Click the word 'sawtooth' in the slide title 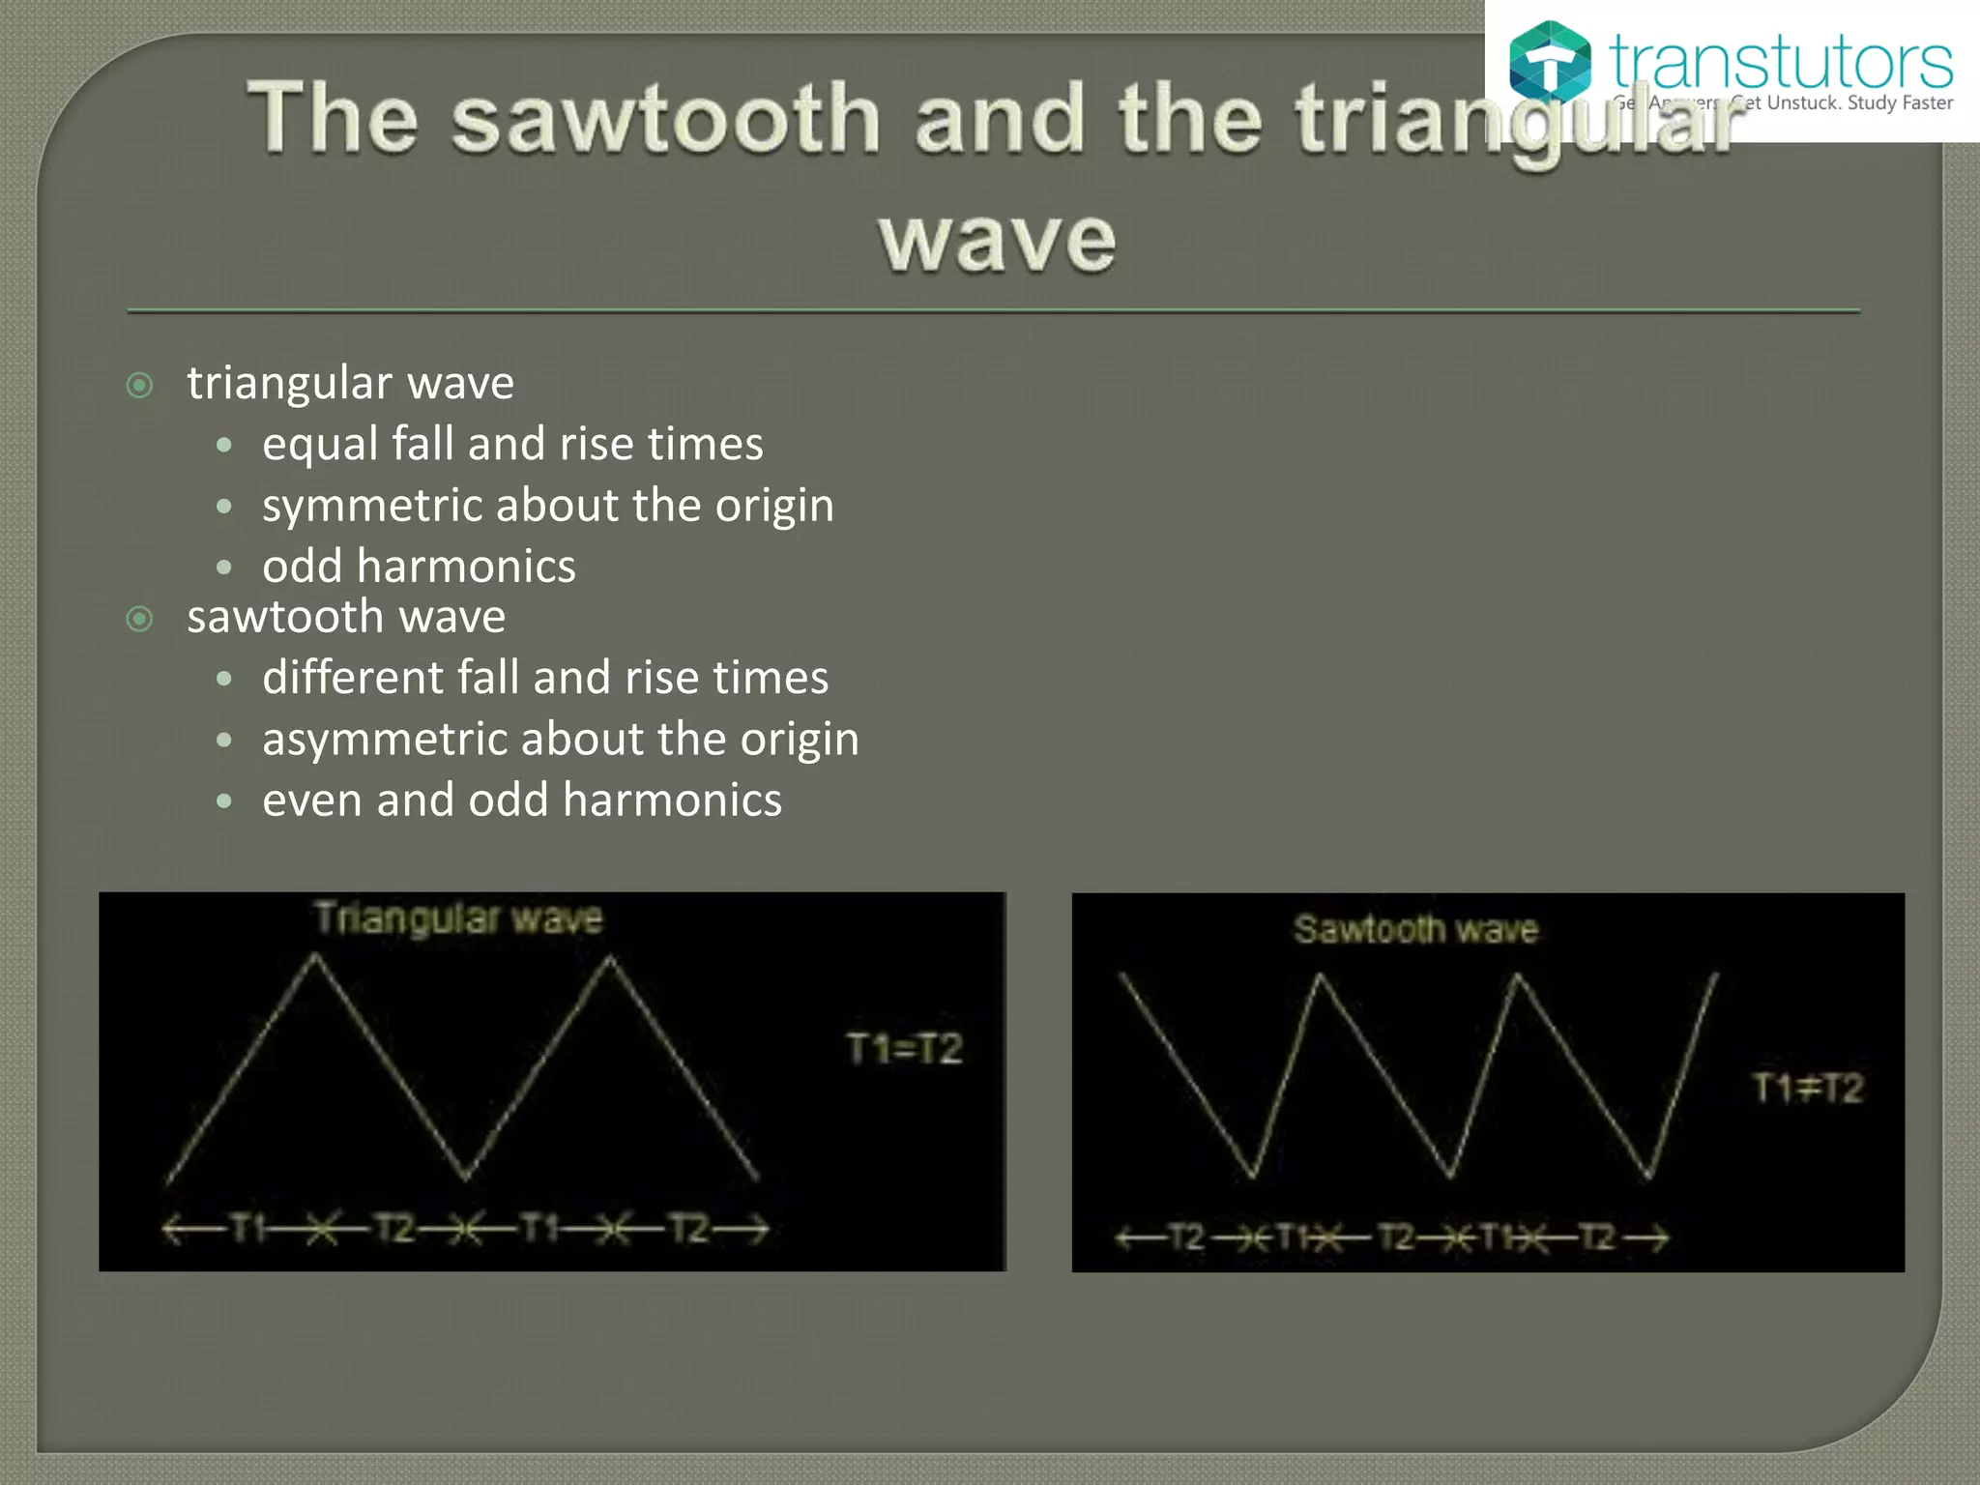tap(665, 118)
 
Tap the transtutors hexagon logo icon tap(1549, 61)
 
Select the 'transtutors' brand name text tap(1780, 63)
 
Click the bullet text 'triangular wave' tap(350, 383)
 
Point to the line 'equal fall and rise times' tap(512, 445)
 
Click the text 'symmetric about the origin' tap(547, 506)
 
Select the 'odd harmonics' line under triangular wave tap(419, 567)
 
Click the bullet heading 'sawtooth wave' tap(346, 617)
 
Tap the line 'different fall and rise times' tap(545, 678)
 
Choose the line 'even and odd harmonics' tap(522, 801)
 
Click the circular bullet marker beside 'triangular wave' tap(140, 386)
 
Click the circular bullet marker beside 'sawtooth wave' tap(140, 619)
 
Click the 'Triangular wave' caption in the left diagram tap(458, 917)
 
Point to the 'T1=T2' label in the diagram tap(904, 1049)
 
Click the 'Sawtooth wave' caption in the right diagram tap(1415, 930)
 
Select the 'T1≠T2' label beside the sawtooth tap(1808, 1089)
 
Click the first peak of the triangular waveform tap(315, 956)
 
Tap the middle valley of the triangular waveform tap(465, 1177)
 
